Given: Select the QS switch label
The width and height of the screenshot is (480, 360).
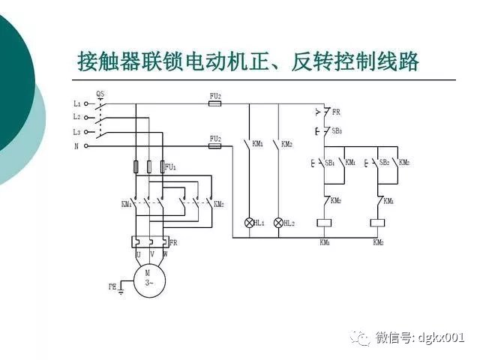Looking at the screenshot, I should point(100,94).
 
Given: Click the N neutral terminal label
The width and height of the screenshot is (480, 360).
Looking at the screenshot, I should point(76,146).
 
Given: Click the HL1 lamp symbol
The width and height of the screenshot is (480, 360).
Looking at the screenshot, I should point(250,223).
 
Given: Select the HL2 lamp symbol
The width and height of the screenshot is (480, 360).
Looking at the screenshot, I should point(278,223).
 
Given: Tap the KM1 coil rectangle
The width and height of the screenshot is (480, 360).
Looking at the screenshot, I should point(325,223).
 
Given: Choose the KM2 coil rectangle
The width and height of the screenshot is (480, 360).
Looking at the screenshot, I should point(378,223).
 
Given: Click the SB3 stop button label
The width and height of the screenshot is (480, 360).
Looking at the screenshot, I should point(337,130).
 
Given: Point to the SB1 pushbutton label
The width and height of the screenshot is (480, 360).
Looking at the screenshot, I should point(328,162).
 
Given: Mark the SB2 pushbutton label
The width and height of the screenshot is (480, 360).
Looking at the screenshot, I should point(383,162).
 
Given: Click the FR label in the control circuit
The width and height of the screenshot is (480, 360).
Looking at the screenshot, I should point(336,112).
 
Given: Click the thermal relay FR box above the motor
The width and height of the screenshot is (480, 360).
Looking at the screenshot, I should point(149,241).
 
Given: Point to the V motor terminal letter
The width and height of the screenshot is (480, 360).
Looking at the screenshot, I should point(151,254).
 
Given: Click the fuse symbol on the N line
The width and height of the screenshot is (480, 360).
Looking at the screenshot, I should point(214,147).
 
